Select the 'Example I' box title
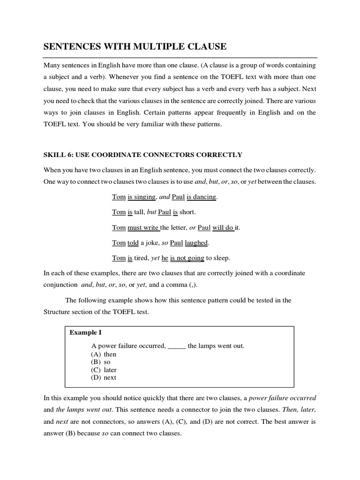[x=86, y=332]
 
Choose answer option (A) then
[x=104, y=354]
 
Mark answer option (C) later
[x=104, y=370]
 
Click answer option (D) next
[x=104, y=377]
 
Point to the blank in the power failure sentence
[x=177, y=346]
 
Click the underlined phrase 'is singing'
[x=142, y=197]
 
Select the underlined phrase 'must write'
[x=143, y=227]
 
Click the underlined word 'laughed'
[x=196, y=243]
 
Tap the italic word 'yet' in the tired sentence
[x=156, y=258]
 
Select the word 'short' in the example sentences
[x=187, y=212]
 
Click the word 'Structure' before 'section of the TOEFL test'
[x=58, y=312]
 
